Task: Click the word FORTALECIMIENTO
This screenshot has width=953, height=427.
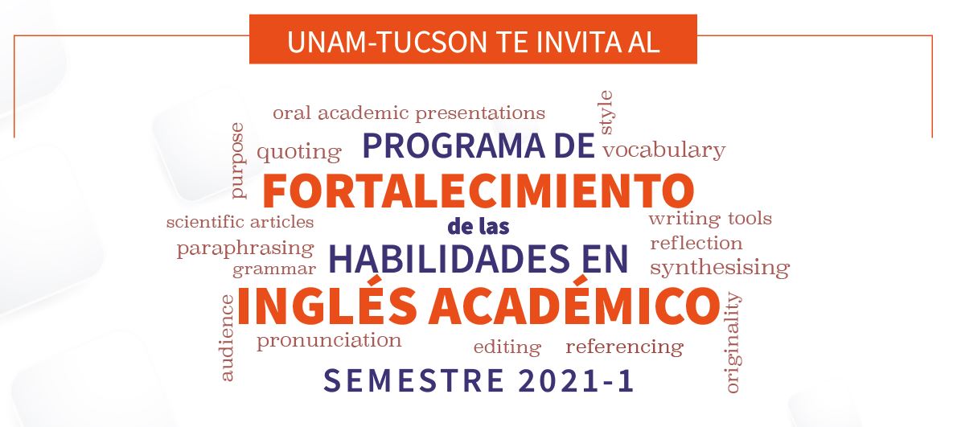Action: tap(479, 191)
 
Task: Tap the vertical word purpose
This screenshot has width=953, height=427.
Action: tap(237, 160)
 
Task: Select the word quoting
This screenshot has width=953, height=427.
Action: tap(299, 153)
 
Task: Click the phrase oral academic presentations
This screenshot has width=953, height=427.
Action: tap(409, 113)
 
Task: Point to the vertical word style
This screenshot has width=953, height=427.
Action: tap(606, 113)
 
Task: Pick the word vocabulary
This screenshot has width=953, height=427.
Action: tap(663, 150)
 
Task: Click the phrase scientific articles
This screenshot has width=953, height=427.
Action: tap(240, 222)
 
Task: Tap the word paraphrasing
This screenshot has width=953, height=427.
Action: tap(245, 249)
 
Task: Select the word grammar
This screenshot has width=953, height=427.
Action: tap(274, 269)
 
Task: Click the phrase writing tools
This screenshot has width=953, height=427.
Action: tap(710, 219)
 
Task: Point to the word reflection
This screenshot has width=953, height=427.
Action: tap(696, 244)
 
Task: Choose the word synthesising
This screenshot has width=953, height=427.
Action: tap(721, 268)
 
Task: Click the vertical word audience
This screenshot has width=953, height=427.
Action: tap(227, 338)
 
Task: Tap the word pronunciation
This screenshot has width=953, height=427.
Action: tap(329, 340)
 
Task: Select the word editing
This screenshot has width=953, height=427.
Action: tap(507, 347)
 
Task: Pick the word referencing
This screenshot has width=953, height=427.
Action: tap(625, 347)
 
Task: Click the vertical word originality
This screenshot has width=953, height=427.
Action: tap(733, 343)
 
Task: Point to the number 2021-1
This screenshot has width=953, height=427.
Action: tap(577, 381)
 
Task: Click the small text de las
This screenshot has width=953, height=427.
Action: tap(479, 227)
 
